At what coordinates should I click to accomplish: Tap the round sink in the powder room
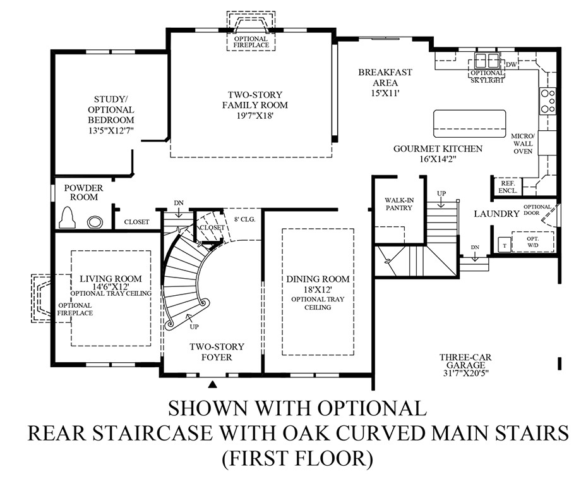[95, 222]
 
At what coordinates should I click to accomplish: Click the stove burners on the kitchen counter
[547, 101]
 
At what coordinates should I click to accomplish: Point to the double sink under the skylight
[486, 61]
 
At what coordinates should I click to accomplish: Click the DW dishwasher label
[512, 64]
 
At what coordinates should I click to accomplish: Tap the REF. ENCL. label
[508, 186]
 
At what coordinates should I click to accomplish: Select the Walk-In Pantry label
[398, 204]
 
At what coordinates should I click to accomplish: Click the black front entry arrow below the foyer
[213, 383]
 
